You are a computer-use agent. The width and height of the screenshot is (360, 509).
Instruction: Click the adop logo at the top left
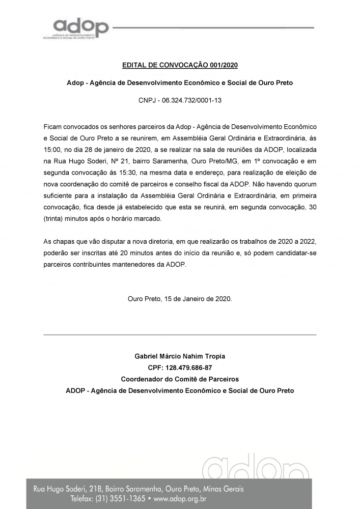tap(81, 28)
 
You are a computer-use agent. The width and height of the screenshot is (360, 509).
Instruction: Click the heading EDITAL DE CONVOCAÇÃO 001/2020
tap(180, 65)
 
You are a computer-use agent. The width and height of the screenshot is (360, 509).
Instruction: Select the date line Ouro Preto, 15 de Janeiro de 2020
tap(180, 299)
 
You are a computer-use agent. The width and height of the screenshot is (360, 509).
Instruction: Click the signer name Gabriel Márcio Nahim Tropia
tap(180, 356)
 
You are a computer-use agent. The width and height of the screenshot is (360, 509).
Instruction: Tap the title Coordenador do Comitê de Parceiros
tap(180, 379)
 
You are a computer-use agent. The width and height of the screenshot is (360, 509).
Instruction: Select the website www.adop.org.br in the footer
tap(186, 499)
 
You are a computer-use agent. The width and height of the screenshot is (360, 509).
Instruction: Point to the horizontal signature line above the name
tap(180, 334)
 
